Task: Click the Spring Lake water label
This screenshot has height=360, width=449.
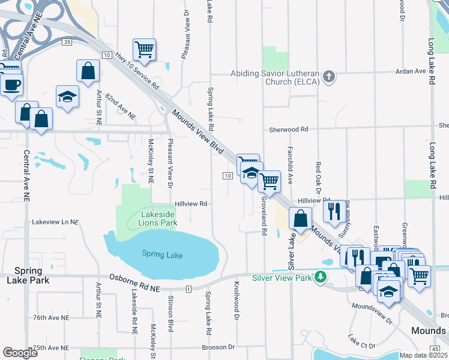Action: tap(162, 255)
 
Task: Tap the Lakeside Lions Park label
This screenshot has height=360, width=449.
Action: tap(158, 218)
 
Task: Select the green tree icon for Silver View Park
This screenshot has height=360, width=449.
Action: tap(322, 277)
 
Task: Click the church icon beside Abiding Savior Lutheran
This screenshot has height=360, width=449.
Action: tap(328, 76)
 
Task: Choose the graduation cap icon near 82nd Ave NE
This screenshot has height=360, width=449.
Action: tap(67, 95)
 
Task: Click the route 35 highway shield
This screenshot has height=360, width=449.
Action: tap(67, 41)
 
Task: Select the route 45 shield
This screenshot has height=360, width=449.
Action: tap(435, 349)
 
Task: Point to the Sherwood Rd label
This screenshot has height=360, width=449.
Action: tap(288, 129)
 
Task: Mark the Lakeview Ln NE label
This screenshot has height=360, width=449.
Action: tap(55, 222)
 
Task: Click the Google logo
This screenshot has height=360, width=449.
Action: tap(20, 352)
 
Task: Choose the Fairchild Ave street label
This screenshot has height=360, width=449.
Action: tap(290, 164)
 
